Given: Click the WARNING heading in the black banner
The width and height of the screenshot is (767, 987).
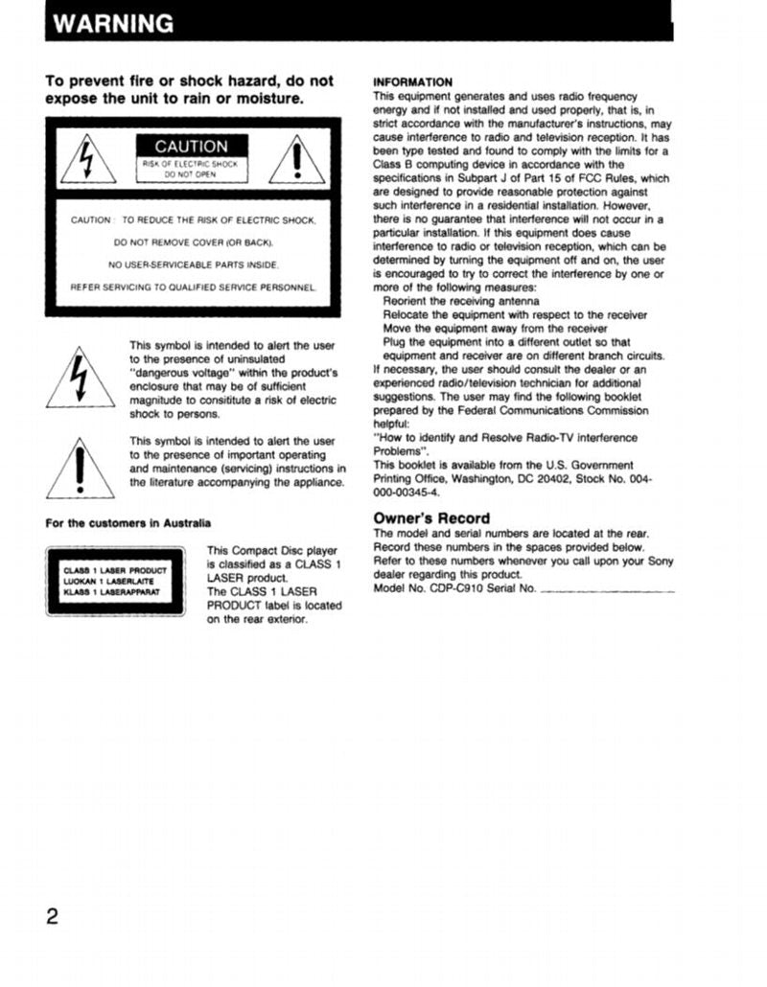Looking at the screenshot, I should point(113,24).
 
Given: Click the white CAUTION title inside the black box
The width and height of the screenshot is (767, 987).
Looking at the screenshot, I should point(192,147).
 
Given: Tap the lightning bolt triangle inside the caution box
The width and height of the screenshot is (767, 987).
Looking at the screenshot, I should point(88,159).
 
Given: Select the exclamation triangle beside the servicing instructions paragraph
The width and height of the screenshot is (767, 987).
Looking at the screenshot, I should point(81,468).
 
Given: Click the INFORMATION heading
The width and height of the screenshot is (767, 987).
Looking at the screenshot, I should point(412,82).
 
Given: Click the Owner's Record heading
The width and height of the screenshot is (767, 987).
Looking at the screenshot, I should point(430,518).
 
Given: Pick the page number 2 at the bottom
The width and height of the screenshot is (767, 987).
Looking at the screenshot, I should point(53,916).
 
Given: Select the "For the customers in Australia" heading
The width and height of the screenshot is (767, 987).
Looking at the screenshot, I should point(128,523).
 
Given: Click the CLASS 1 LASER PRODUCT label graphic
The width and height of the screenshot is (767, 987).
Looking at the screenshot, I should point(115,580).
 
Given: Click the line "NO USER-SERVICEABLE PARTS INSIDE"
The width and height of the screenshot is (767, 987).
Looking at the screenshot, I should point(193,264).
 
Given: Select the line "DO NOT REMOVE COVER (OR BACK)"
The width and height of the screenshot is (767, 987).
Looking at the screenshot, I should point(193,242).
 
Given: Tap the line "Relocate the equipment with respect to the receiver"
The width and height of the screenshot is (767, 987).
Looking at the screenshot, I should point(515,315).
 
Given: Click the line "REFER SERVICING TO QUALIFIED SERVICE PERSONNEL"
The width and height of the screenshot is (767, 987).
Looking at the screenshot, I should point(193,287).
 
